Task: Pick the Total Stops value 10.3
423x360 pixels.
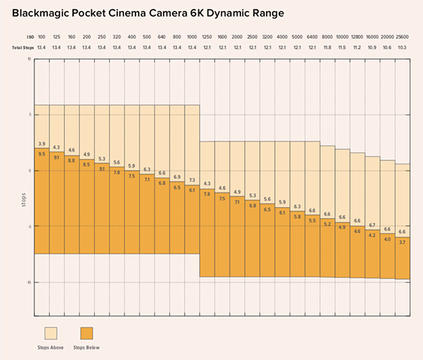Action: coord(402,47)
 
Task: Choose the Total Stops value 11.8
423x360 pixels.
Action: coord(327,47)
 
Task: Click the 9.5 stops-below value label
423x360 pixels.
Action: coord(41,154)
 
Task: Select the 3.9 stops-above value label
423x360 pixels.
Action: coord(41,143)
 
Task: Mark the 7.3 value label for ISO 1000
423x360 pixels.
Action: coord(192,180)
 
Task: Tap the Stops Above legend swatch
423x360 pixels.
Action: coord(51,334)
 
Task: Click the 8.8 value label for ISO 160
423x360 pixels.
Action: coord(71,160)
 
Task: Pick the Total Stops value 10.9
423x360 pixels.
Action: coord(372,47)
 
